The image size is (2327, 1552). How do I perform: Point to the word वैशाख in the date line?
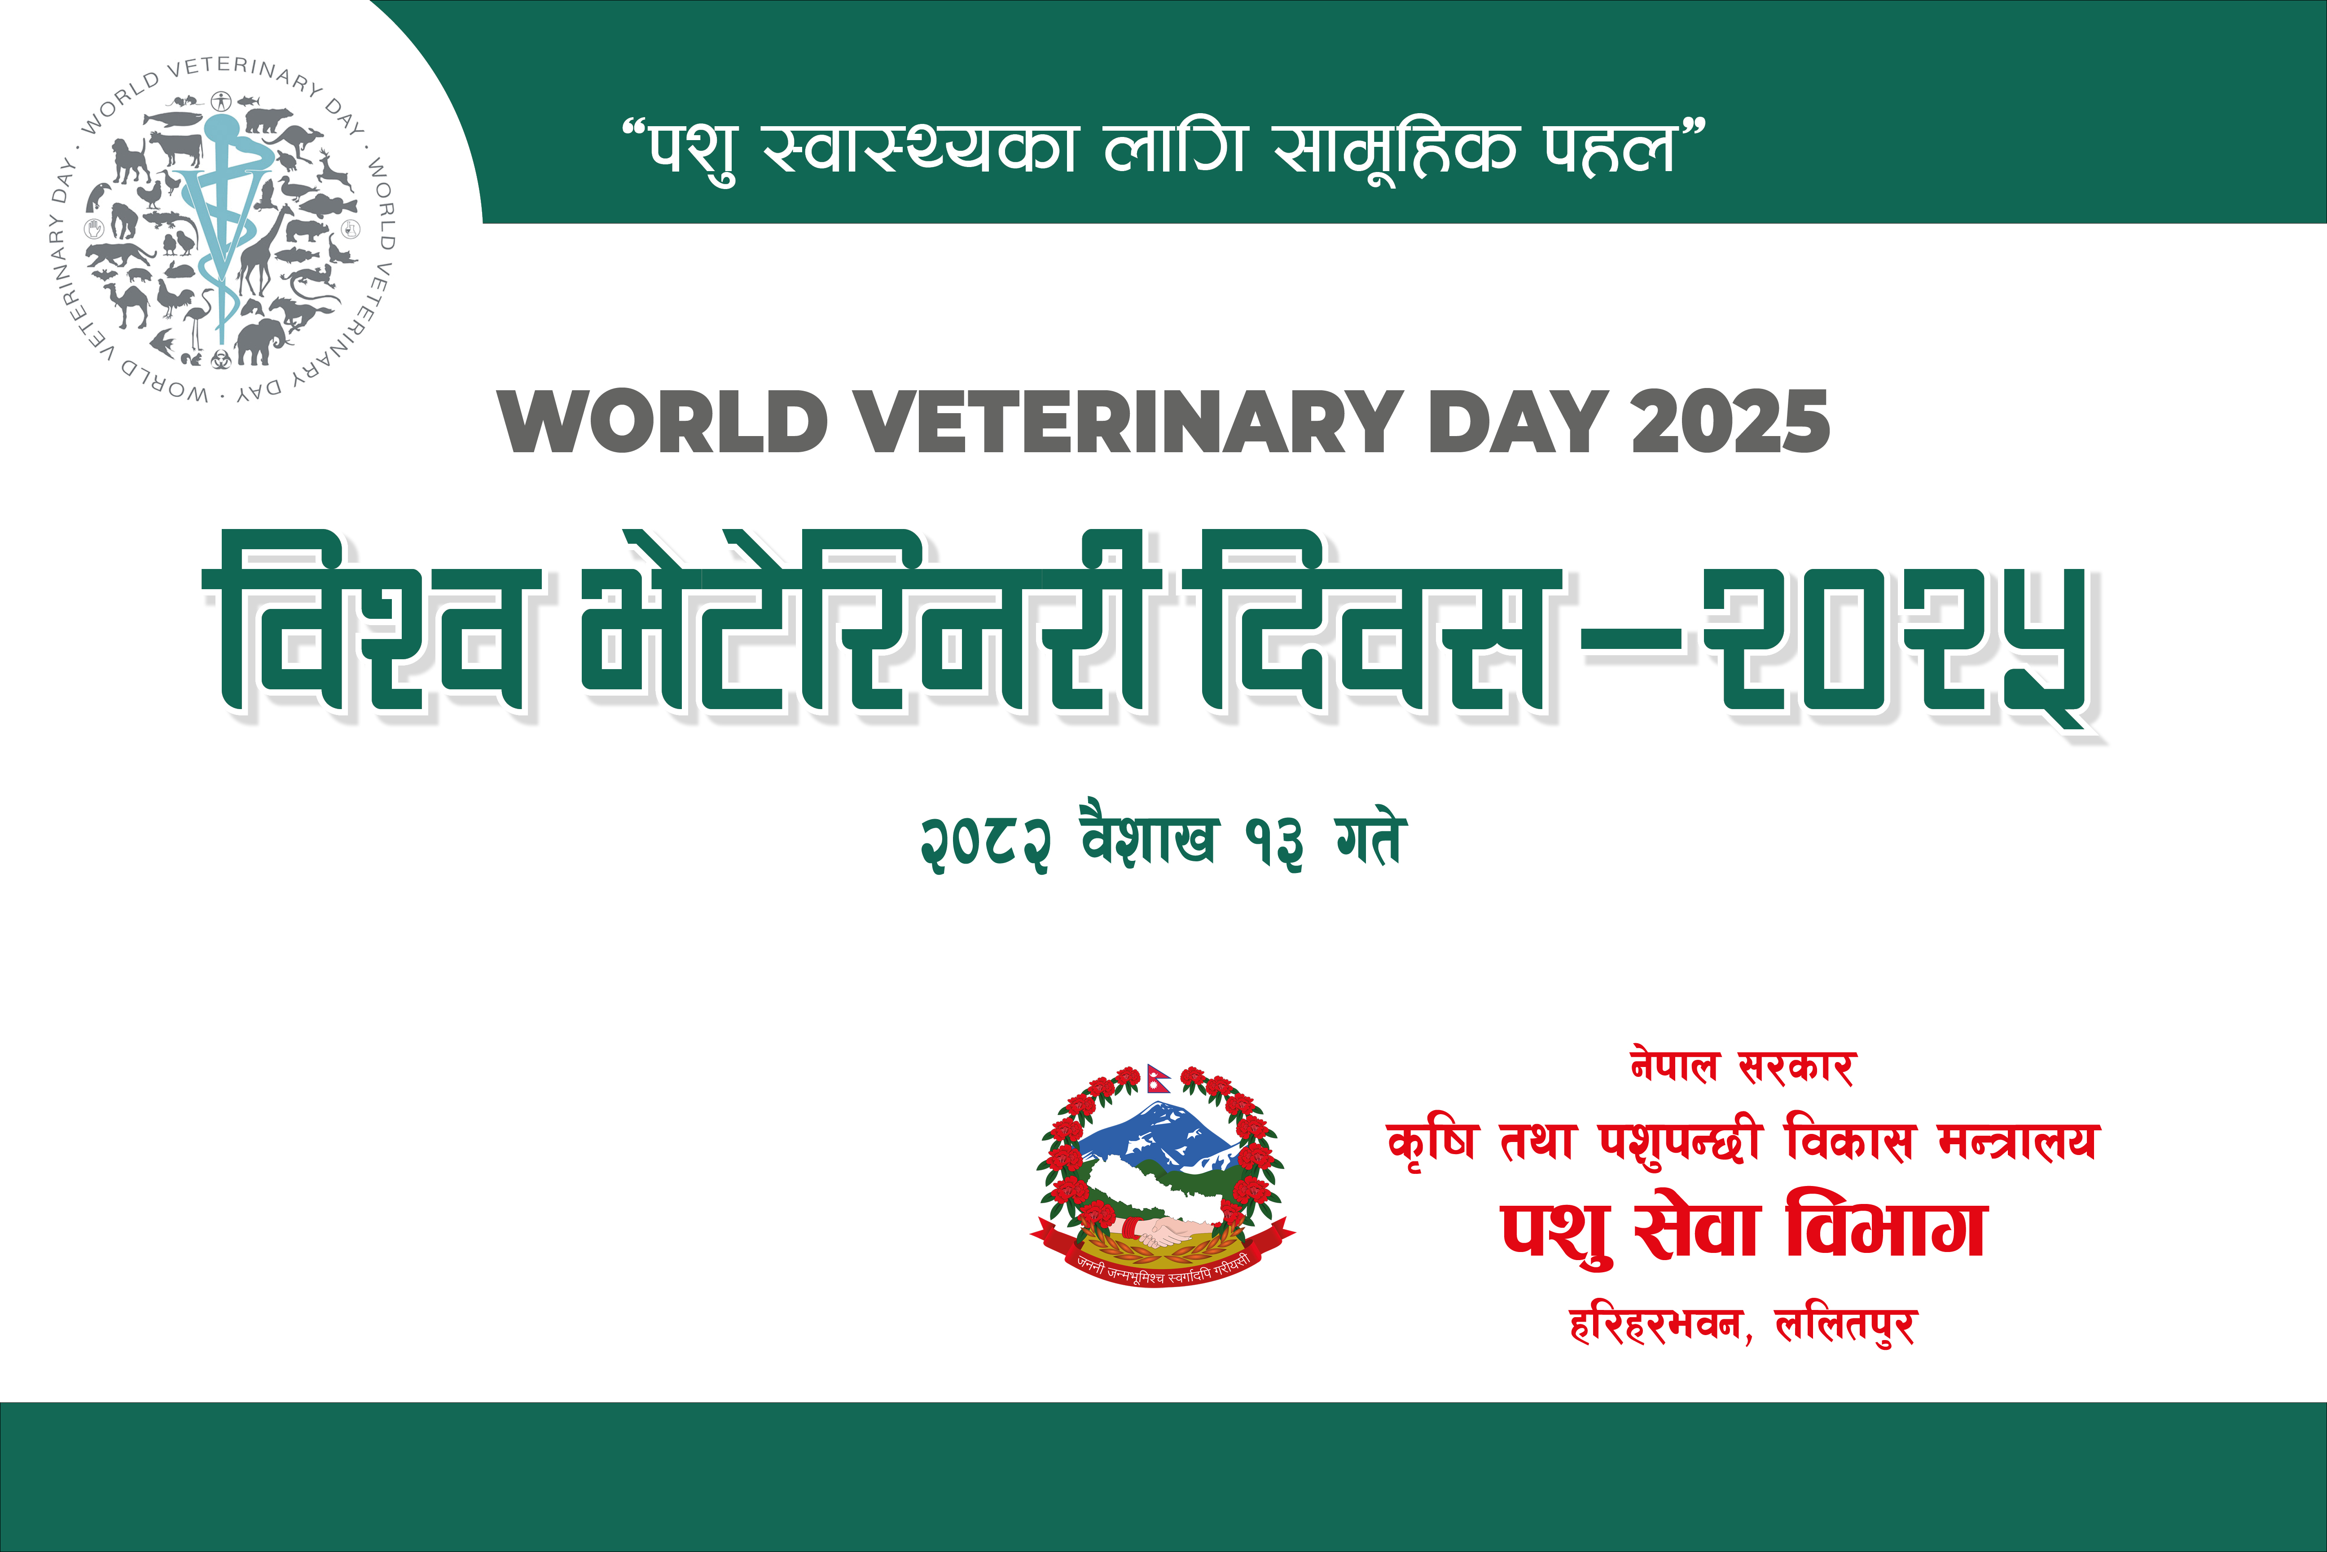[1148, 836]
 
